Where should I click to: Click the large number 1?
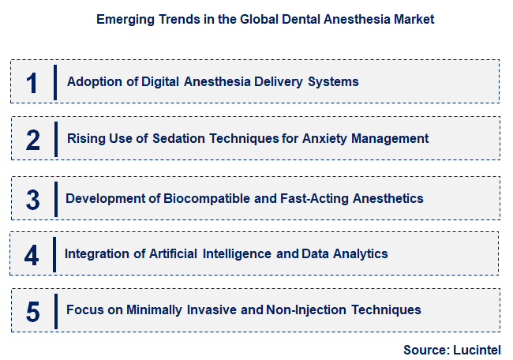tap(32, 83)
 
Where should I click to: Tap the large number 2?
tap(32, 140)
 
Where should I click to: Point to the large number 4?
tap(32, 255)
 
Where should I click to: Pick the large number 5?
tap(32, 311)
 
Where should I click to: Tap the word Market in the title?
tap(413, 19)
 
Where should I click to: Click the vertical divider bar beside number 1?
tap(55, 82)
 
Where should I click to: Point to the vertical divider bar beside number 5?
tap(55, 309)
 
